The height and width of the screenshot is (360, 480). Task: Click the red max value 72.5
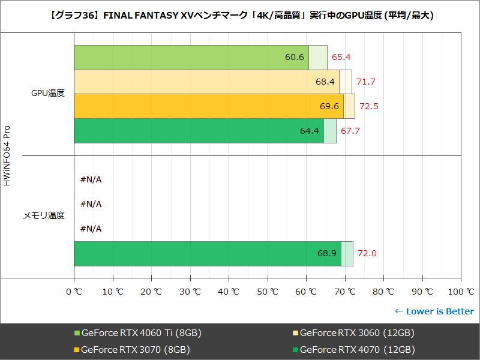[x=369, y=106]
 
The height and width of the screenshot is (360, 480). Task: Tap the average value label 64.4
[x=310, y=131]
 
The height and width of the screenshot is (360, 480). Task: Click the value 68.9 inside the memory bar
[x=327, y=253]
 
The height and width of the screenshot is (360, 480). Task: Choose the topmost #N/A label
[x=91, y=179]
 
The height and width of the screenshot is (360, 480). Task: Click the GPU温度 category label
[x=48, y=93]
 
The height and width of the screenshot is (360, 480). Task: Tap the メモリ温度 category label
[x=44, y=215]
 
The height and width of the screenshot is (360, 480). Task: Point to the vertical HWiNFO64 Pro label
[x=7, y=156]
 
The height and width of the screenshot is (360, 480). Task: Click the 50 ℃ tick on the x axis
[x=267, y=292]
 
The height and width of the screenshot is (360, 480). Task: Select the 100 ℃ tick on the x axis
[x=461, y=292]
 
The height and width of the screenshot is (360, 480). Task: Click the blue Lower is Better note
[x=434, y=311]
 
